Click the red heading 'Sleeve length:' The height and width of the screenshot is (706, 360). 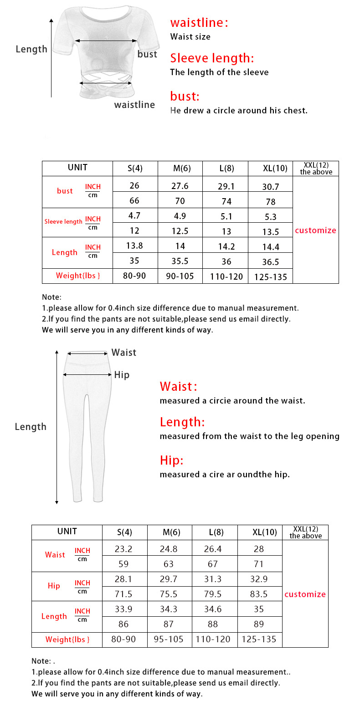(x=212, y=58)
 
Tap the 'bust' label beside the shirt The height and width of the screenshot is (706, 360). (x=147, y=54)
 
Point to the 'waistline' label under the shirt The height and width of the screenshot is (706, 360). (x=134, y=105)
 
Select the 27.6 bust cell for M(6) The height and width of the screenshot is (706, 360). (x=180, y=186)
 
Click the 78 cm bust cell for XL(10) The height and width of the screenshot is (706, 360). (x=271, y=201)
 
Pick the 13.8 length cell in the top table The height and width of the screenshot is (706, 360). (x=134, y=246)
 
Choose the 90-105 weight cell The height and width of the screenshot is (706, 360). (x=180, y=276)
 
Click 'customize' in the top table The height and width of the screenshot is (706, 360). (x=315, y=230)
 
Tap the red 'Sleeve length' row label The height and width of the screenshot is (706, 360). (x=63, y=222)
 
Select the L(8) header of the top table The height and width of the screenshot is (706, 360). (x=226, y=168)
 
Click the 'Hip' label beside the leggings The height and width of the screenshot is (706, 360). (x=122, y=375)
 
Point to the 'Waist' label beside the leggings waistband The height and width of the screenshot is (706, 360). (x=124, y=353)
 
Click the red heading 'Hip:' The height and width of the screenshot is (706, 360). (x=171, y=460)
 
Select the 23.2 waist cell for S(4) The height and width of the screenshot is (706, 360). (x=123, y=549)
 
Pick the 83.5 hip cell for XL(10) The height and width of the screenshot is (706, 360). (x=259, y=594)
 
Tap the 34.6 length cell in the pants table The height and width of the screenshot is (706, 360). (x=213, y=609)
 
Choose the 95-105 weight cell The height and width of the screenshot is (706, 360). (x=169, y=639)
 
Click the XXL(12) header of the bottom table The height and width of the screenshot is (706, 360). (x=305, y=532)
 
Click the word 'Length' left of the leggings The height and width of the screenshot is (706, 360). (x=31, y=427)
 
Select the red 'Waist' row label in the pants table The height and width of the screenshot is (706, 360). (x=55, y=555)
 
